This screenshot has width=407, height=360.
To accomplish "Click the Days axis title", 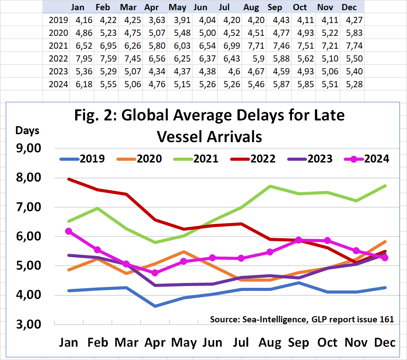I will click(27, 131).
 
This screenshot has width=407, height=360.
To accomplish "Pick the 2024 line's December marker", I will click(384, 258).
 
